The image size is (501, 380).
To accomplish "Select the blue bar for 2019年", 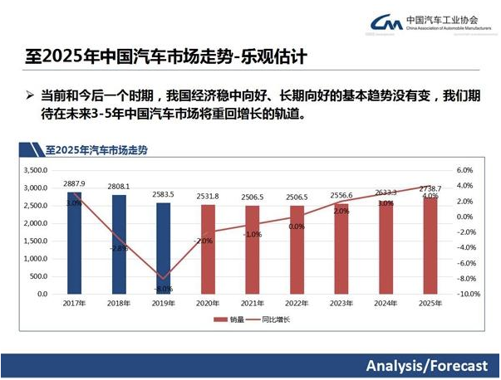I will tap(164, 248).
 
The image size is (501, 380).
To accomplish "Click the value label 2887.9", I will tap(74, 184).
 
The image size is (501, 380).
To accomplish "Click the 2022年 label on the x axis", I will tap(297, 304).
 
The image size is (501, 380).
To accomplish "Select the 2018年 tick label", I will tap(119, 304).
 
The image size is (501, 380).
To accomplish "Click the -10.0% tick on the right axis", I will tap(469, 294).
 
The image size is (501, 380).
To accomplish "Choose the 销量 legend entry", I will tap(231, 319).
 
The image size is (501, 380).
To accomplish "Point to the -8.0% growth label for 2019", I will tap(163, 289).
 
